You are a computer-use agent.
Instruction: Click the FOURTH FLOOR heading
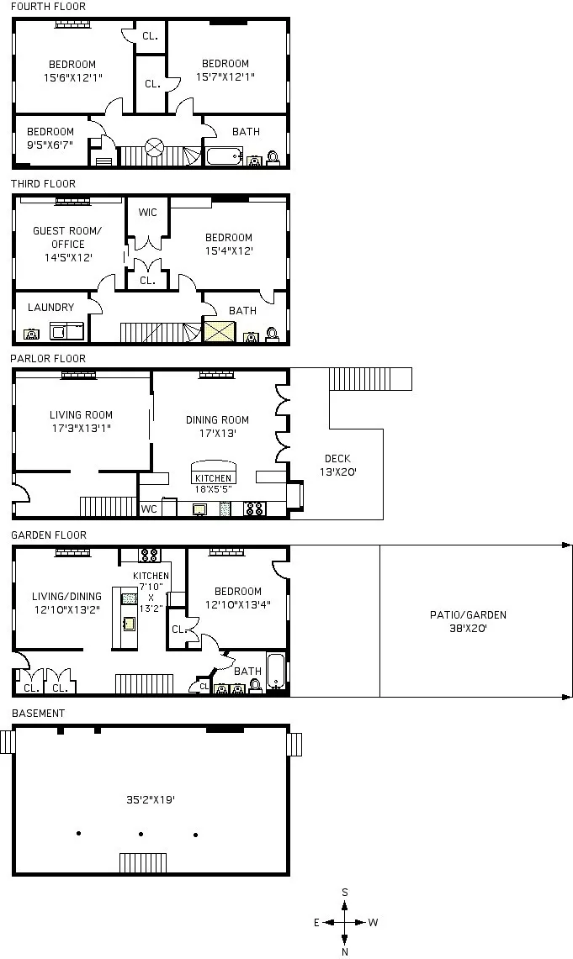(x=48, y=7)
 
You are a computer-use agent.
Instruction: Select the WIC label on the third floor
(x=148, y=213)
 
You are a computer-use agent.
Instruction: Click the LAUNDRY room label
(x=50, y=308)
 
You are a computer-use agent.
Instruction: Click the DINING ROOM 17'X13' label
(x=217, y=426)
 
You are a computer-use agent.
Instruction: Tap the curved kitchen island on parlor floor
(x=213, y=468)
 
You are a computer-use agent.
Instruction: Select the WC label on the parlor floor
(x=149, y=508)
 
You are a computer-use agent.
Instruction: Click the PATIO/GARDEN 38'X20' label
(x=468, y=621)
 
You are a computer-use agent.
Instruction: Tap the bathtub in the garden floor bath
(x=277, y=672)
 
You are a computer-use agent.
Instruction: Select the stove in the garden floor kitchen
(x=149, y=555)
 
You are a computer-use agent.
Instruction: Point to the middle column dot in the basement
(x=141, y=834)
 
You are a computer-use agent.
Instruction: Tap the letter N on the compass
(x=345, y=951)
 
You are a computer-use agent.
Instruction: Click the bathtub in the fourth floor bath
(x=225, y=157)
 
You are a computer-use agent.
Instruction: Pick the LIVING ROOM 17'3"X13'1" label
(x=81, y=421)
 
